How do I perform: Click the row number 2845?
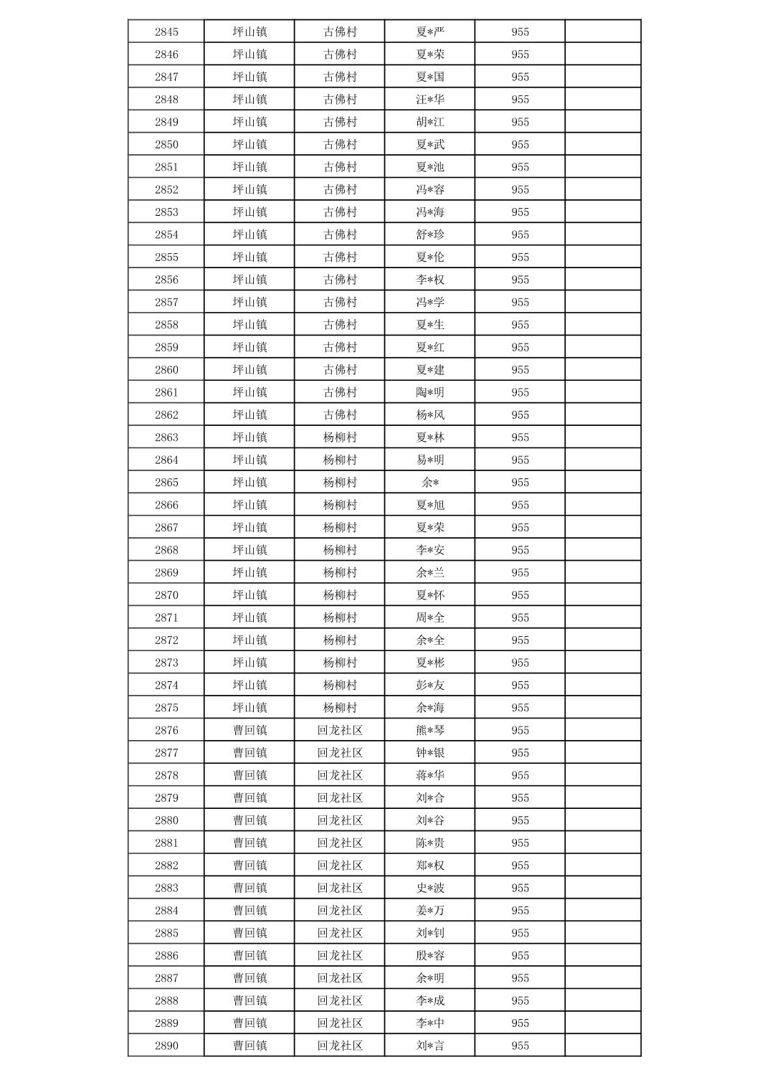pyautogui.click(x=166, y=32)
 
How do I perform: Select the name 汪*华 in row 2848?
pyautogui.click(x=430, y=100)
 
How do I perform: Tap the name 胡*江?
pyautogui.click(x=430, y=122)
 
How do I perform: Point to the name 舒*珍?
pyautogui.click(x=430, y=234)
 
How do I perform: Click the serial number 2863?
pyautogui.click(x=166, y=437)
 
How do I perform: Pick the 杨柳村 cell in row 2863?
pyautogui.click(x=340, y=437)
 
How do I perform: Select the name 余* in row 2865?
pyautogui.click(x=430, y=483)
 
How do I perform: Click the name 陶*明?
pyautogui.click(x=430, y=392)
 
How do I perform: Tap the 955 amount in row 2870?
pyautogui.click(x=520, y=595)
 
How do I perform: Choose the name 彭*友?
pyautogui.click(x=430, y=685)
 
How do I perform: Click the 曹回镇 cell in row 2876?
pyautogui.click(x=249, y=730)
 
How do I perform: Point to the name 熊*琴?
pyautogui.click(x=430, y=730)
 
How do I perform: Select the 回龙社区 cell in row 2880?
pyautogui.click(x=340, y=820)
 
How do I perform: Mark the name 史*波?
pyautogui.click(x=430, y=888)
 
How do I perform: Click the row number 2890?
pyautogui.click(x=166, y=1046)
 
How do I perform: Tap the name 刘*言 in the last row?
pyautogui.click(x=430, y=1046)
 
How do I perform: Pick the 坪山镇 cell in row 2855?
pyautogui.click(x=249, y=257)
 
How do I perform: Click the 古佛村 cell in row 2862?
pyautogui.click(x=340, y=414)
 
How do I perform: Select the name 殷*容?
pyautogui.click(x=430, y=955)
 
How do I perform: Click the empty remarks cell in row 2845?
pyautogui.click(x=602, y=32)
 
